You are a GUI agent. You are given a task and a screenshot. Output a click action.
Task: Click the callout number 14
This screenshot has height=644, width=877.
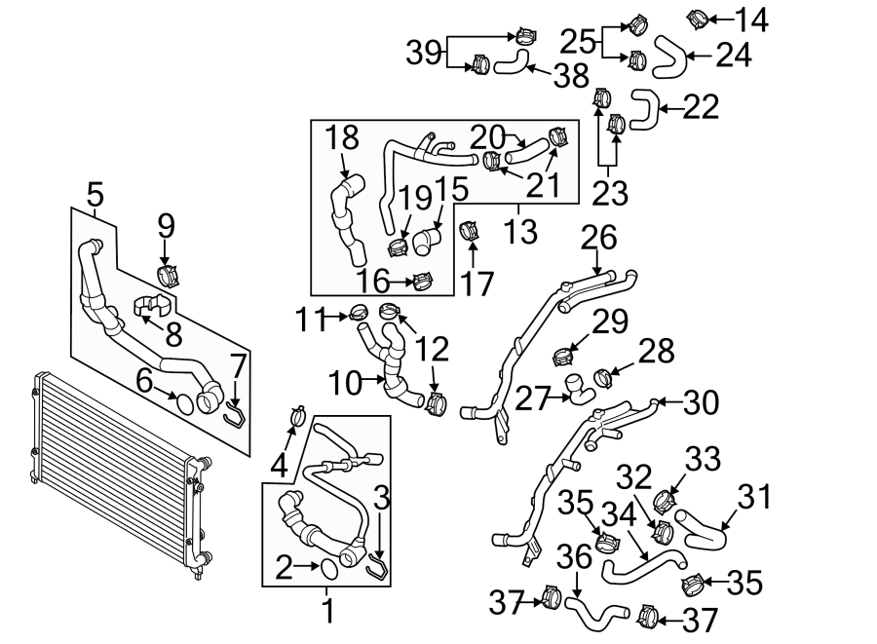(750, 19)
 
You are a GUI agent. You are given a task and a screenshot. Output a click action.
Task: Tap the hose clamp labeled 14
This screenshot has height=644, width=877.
(699, 18)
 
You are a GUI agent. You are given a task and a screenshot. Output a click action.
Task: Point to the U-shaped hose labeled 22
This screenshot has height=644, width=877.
(644, 108)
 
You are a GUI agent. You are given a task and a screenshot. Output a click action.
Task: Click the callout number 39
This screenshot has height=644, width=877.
(424, 52)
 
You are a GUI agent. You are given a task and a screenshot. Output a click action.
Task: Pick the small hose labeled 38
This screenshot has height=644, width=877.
(510, 64)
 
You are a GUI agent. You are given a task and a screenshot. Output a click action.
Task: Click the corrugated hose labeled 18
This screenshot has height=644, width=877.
(347, 219)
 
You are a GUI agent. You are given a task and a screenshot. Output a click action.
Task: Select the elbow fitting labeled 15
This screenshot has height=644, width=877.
(427, 240)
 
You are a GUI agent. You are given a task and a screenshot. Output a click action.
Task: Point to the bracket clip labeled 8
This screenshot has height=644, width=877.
(144, 306)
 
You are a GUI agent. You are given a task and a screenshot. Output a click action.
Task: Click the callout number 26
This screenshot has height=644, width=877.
(600, 237)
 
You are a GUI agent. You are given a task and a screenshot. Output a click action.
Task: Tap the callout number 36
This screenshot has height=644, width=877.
(575, 558)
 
